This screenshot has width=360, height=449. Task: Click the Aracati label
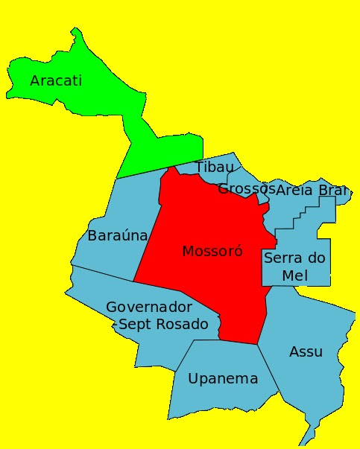pos(56,80)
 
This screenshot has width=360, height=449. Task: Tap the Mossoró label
pos(212,251)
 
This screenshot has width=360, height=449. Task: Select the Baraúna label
pos(118,236)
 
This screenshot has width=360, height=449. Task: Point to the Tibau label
pos(214,167)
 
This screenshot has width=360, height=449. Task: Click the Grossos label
pos(246,189)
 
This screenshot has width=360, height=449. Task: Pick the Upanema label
pos(223,379)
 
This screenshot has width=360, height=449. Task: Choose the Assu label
pos(306,351)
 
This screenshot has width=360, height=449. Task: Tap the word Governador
pos(149,307)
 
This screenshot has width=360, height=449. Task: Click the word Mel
pos(295,276)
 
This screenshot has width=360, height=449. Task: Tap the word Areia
pos(294,190)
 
